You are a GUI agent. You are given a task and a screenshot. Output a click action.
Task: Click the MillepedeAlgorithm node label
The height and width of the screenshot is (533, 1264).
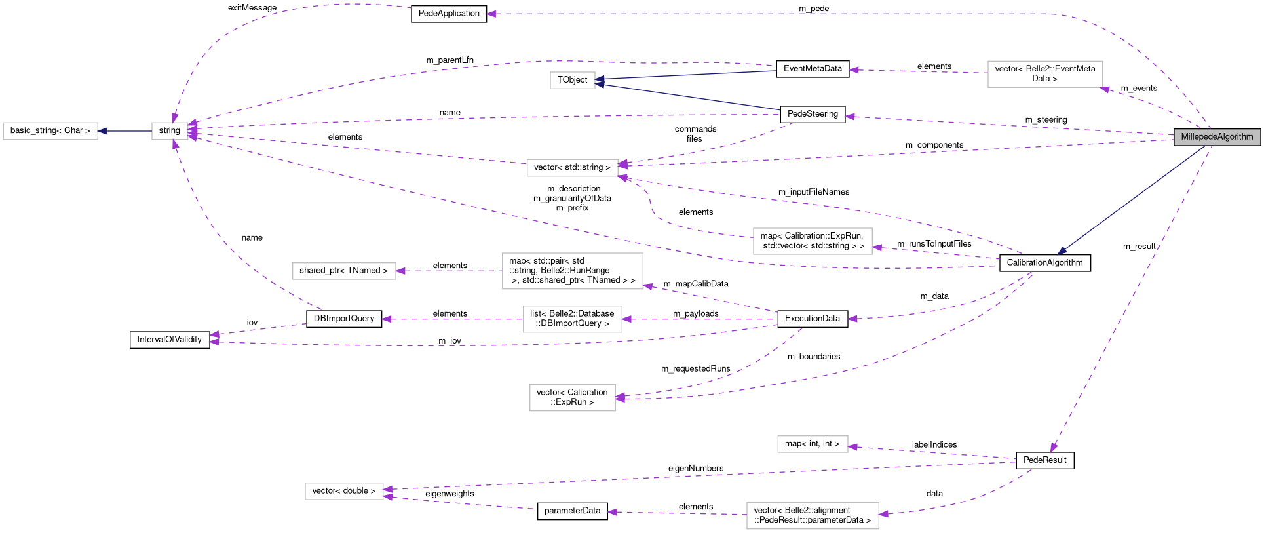(x=1217, y=137)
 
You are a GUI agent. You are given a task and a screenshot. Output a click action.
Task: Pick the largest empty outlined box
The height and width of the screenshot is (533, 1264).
(x=572, y=271)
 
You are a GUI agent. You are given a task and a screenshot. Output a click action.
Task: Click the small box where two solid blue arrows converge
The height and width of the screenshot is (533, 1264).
(x=572, y=80)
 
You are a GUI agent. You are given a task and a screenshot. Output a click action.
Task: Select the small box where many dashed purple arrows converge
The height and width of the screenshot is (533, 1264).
(x=170, y=130)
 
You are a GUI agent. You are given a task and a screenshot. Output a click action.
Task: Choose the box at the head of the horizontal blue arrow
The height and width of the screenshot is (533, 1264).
(x=50, y=131)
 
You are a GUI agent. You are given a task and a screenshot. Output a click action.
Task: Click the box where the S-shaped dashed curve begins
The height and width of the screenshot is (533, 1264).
(x=813, y=241)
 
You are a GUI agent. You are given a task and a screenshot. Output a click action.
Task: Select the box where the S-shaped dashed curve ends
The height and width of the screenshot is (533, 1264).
(x=572, y=168)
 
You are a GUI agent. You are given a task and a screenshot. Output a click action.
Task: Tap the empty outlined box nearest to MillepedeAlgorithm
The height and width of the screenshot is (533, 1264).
(x=1045, y=74)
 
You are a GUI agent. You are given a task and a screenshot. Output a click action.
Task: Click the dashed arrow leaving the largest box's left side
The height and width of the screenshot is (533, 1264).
(x=450, y=271)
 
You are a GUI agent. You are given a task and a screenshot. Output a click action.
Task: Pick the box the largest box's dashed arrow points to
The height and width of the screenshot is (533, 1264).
(x=344, y=271)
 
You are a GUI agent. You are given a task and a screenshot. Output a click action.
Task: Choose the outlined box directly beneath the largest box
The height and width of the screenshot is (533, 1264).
(x=572, y=319)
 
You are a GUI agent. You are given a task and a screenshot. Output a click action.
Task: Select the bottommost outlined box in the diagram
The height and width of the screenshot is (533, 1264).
(x=813, y=516)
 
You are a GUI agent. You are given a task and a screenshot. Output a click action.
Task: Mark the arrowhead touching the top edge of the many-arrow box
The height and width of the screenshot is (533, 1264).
(x=174, y=118)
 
